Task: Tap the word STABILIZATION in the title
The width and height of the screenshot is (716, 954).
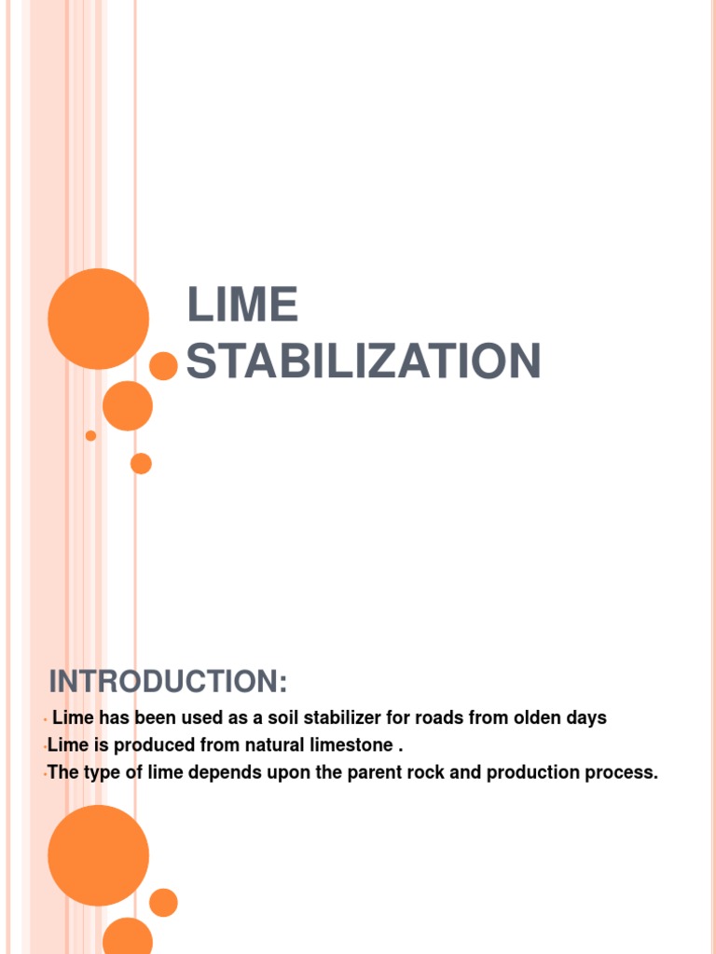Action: pos(364,361)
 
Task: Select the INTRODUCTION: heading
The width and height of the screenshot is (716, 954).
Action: pos(168,682)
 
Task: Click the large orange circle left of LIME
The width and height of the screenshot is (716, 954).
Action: pos(98,319)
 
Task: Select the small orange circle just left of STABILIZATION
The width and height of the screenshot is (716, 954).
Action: pos(164,366)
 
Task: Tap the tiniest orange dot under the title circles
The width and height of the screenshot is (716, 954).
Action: pos(90,435)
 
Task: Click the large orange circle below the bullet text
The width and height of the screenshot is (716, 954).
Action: pos(98,855)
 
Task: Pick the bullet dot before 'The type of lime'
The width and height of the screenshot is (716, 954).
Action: pos(45,774)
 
